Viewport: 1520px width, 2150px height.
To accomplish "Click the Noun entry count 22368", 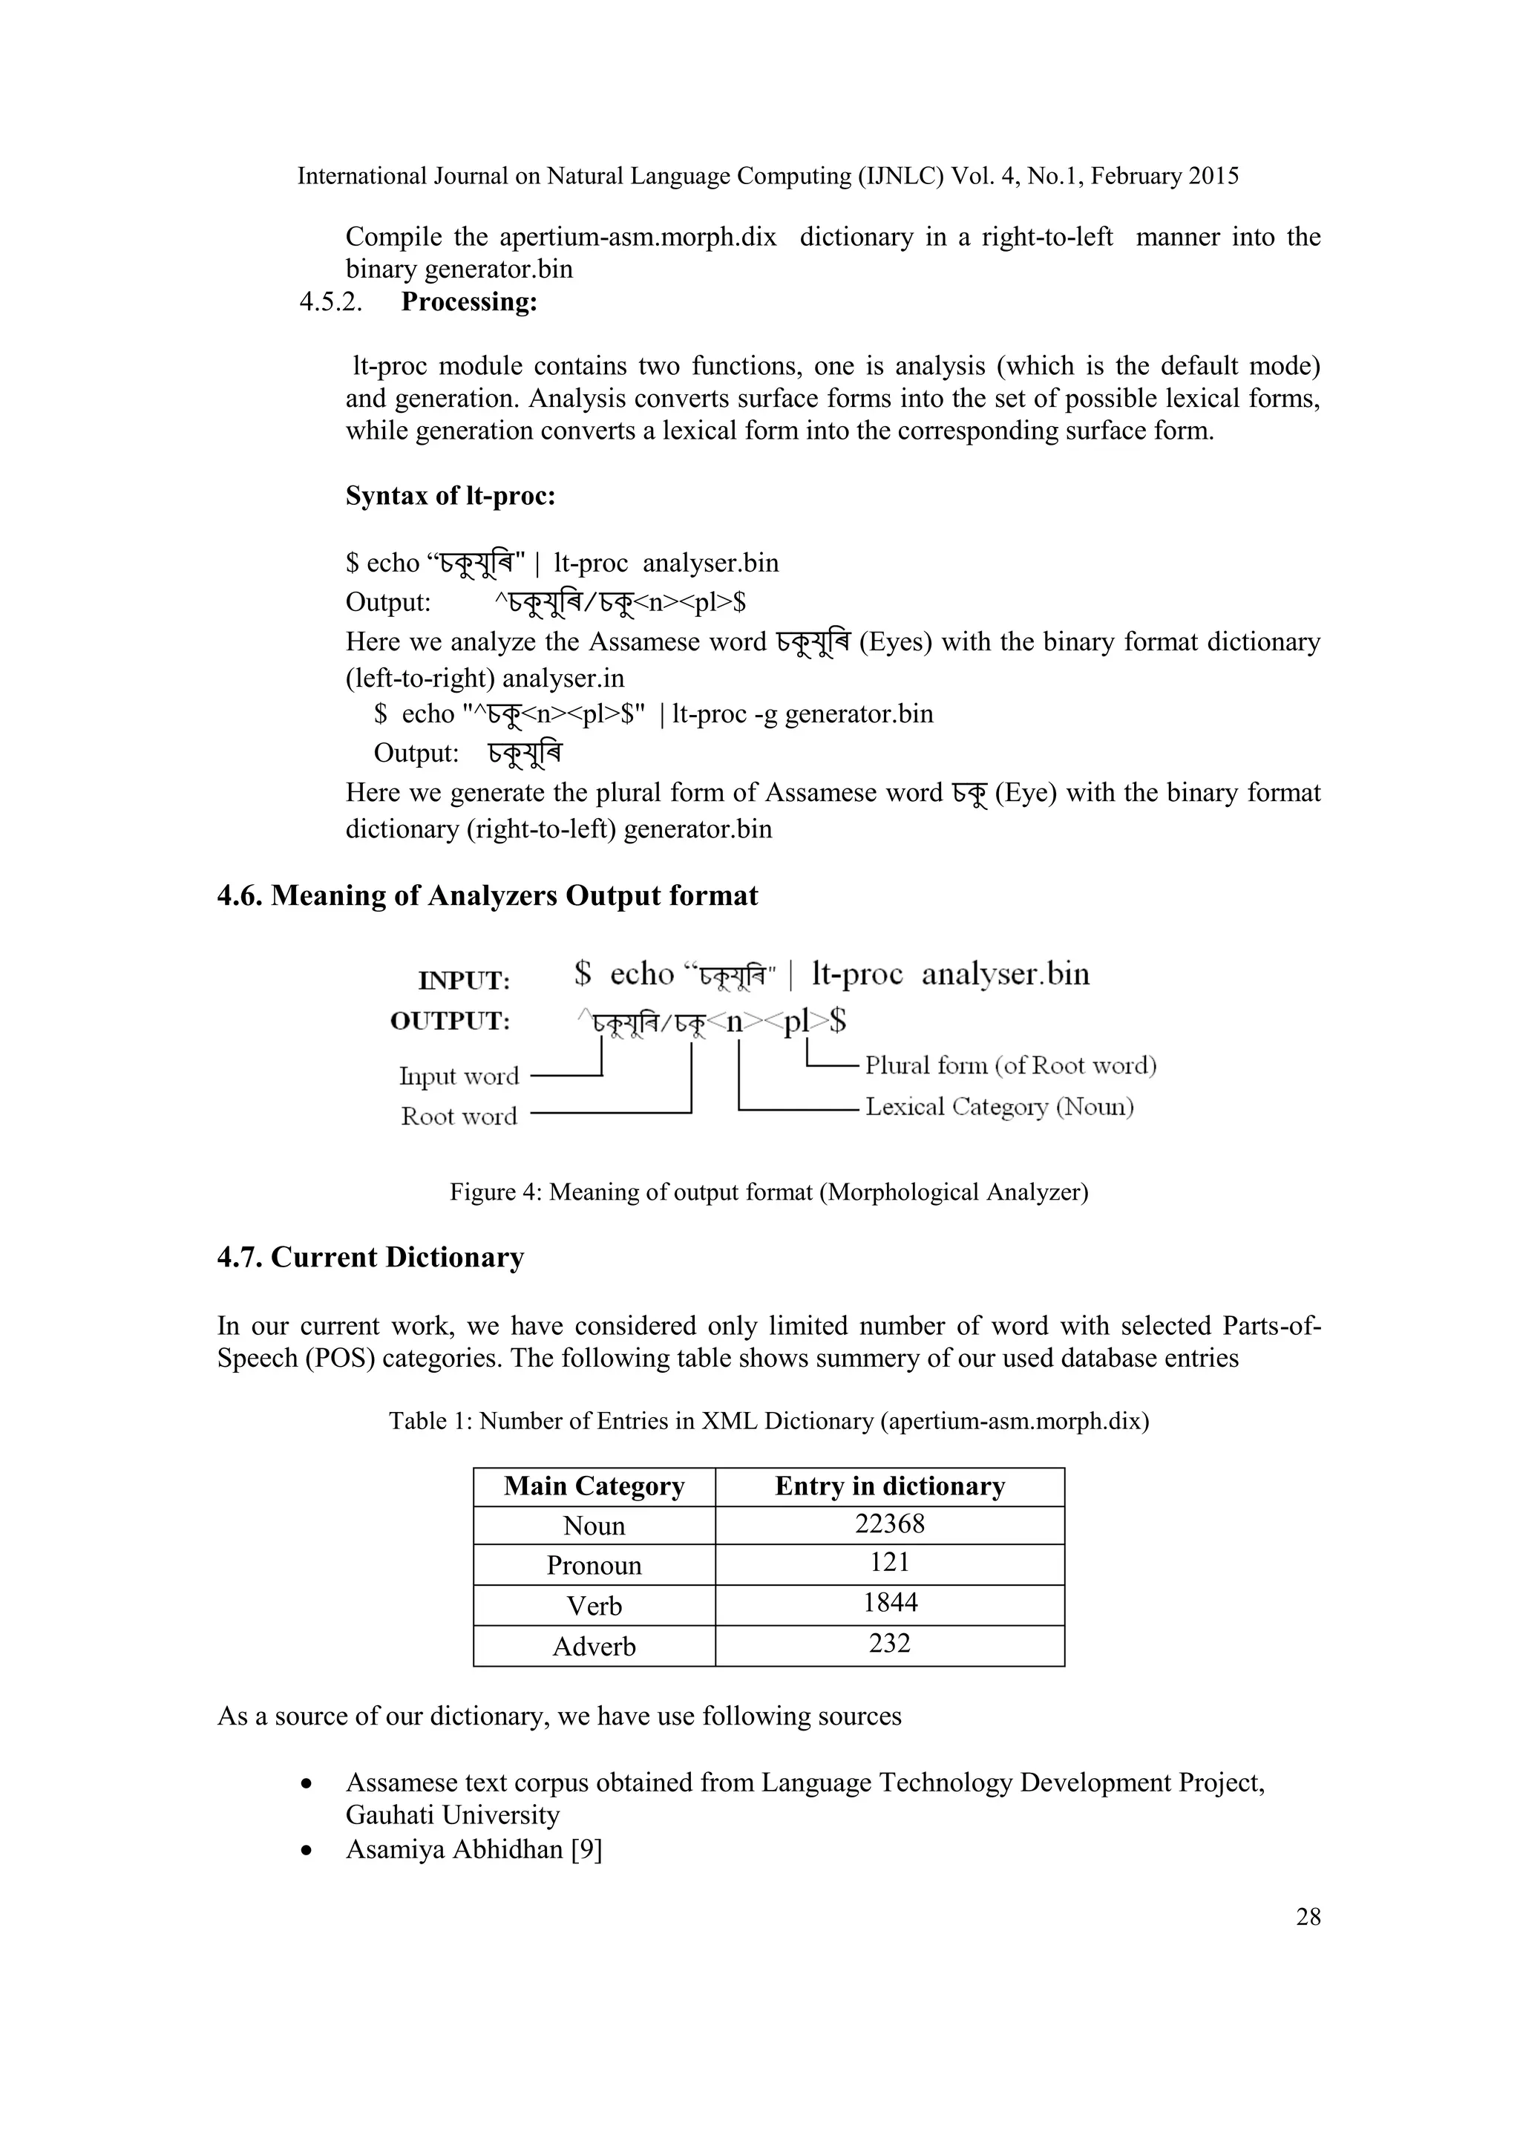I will pos(889,1523).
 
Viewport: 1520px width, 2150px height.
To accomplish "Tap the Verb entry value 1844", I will pos(889,1602).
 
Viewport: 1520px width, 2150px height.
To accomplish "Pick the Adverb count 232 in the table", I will pos(889,1644).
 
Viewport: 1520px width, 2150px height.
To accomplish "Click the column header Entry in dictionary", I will pos(889,1486).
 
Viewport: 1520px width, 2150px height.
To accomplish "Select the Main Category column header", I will pos(594,1486).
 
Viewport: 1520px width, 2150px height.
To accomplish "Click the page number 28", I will pos(1308,1917).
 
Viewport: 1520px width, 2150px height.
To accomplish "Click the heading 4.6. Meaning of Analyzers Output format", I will pos(487,896).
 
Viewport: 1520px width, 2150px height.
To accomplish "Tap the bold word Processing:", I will pos(469,302).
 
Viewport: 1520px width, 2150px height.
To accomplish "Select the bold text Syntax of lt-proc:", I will pos(451,495).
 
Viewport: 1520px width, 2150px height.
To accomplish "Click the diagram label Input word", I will pos(459,1076).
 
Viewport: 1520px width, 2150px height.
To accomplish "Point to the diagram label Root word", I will pos(459,1116).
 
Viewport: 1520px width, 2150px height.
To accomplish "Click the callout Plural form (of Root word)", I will pos(1010,1065).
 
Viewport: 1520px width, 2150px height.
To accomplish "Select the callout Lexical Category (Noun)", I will pos(999,1107).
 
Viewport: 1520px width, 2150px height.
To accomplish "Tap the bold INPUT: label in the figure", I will pos(463,981).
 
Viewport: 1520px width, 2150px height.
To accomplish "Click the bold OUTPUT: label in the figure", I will pos(451,1021).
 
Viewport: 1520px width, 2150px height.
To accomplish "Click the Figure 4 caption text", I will pos(768,1192).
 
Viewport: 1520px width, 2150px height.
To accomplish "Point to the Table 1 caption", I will pos(768,1422).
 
